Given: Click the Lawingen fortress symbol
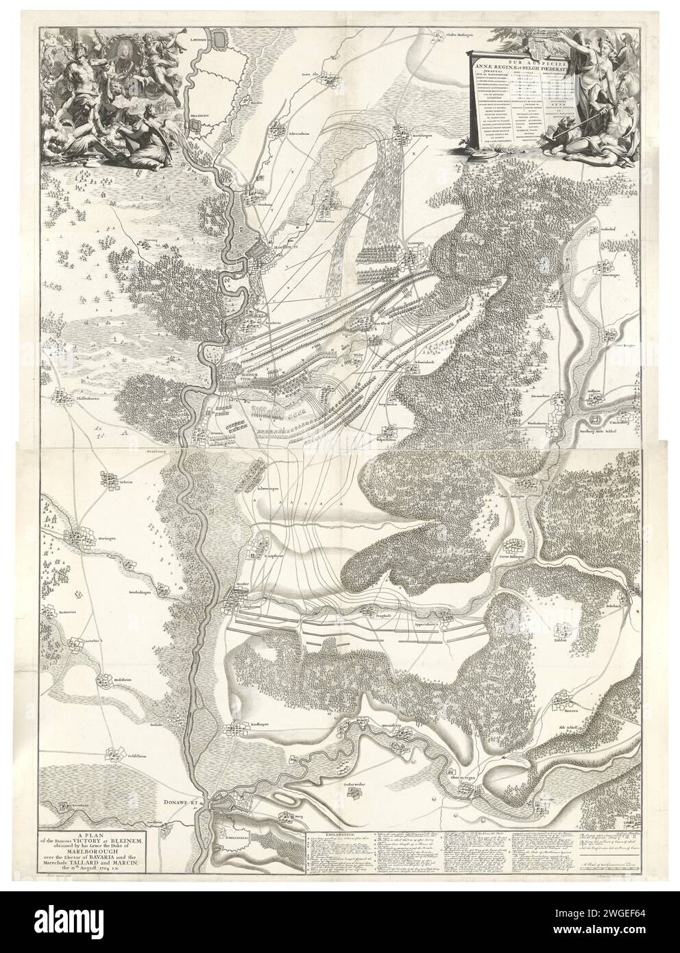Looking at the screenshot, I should (x=221, y=40).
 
